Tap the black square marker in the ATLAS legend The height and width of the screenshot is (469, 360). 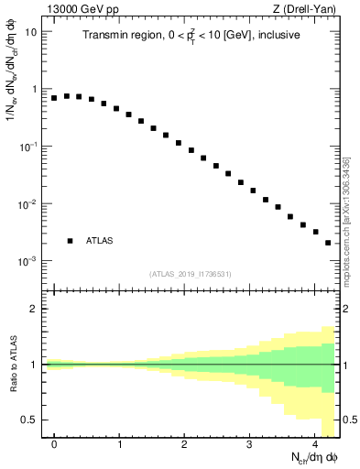[x=70, y=241]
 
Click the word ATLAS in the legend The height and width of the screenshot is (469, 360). [x=100, y=241]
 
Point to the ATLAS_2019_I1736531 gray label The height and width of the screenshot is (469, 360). [x=190, y=274]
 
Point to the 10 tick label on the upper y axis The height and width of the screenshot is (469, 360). [x=30, y=32]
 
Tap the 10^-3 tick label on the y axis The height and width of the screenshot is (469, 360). [x=28, y=261]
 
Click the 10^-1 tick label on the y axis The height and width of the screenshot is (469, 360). [x=28, y=147]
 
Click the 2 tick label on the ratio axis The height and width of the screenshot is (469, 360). [x=32, y=309]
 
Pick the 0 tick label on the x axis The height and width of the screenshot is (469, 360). [x=54, y=443]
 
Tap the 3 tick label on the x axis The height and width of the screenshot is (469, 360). [x=250, y=443]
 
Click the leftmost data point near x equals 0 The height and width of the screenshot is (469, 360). [x=54, y=97]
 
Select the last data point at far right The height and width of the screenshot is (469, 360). [x=328, y=243]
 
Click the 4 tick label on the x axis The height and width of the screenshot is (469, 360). [x=315, y=443]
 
